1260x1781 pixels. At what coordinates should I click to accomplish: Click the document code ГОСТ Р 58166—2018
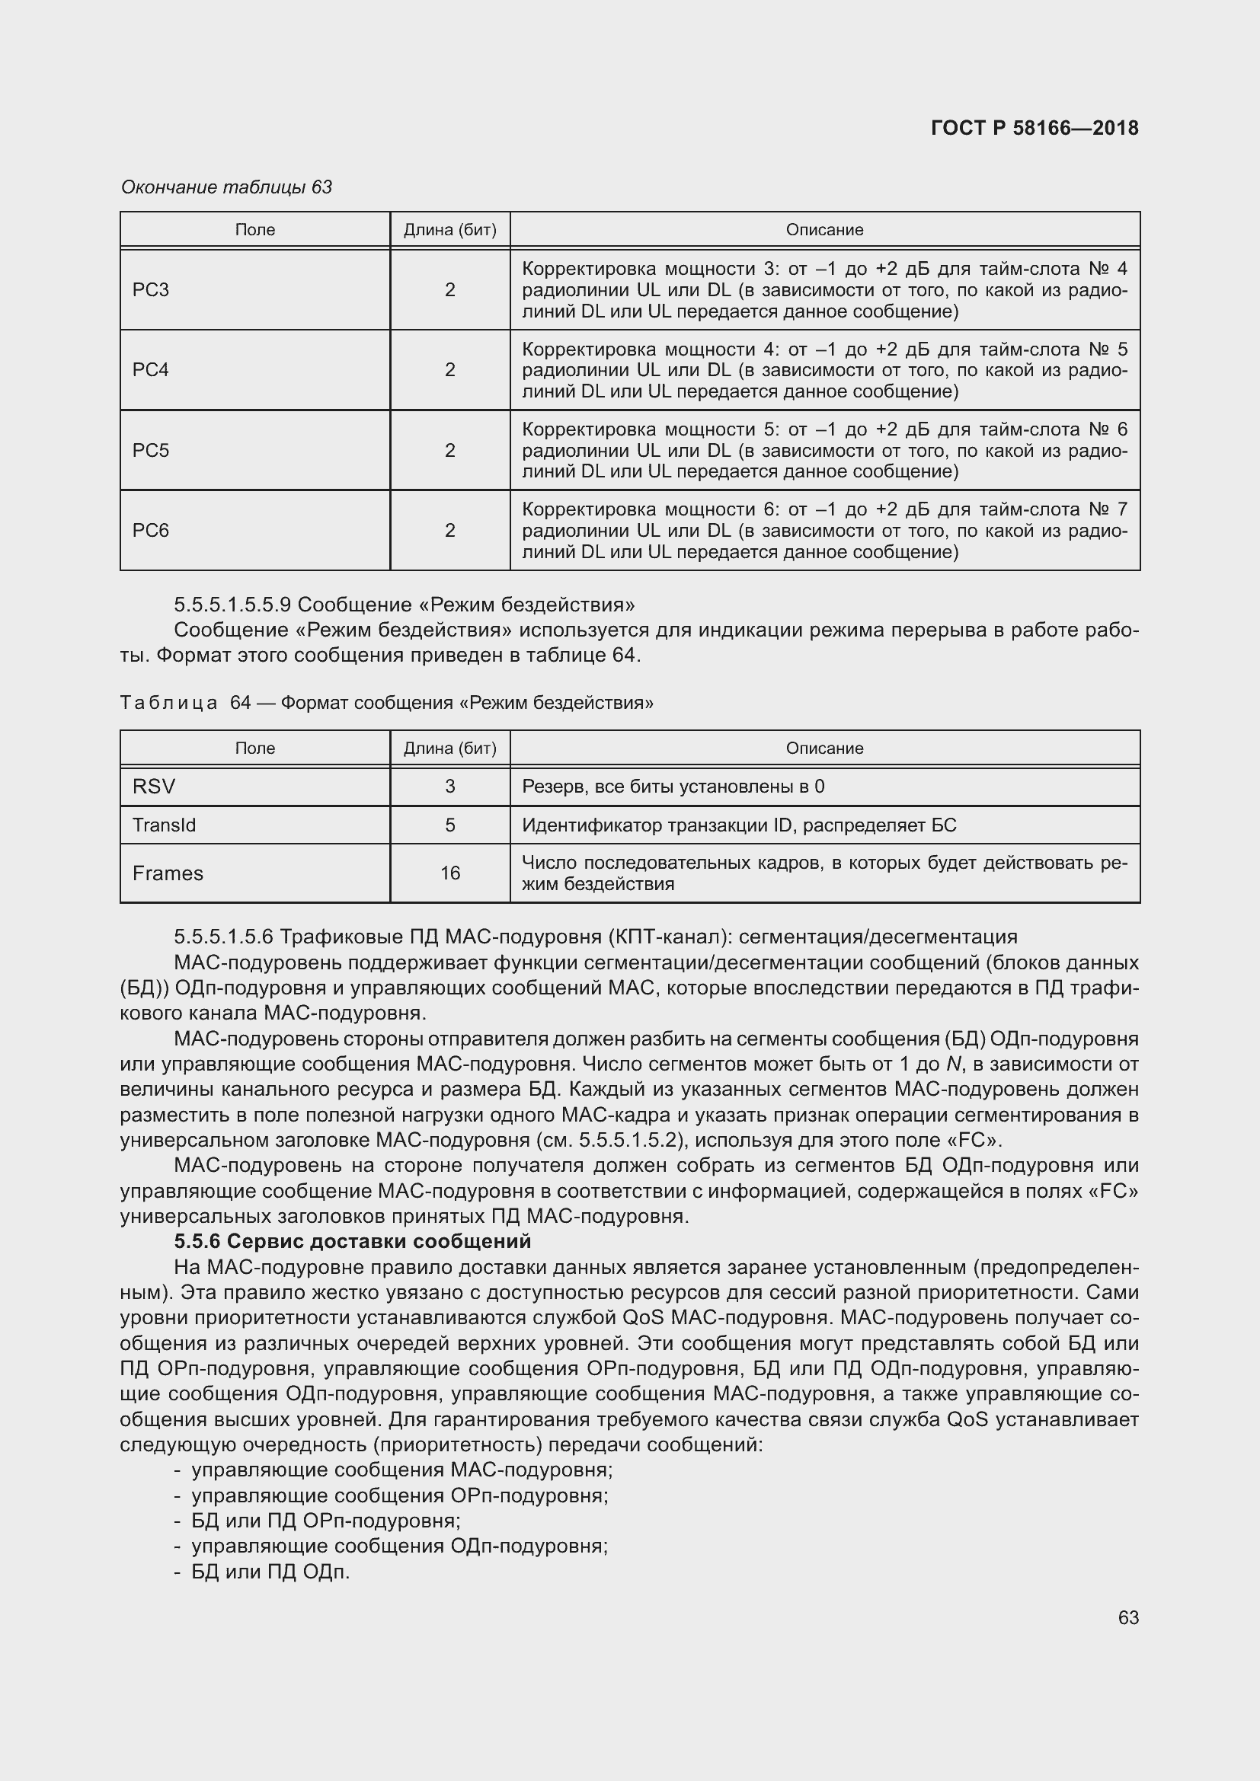(1035, 128)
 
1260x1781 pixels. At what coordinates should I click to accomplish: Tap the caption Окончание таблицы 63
(226, 187)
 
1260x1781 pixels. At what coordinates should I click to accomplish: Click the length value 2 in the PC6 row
(450, 530)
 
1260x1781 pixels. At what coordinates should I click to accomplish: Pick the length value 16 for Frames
(450, 873)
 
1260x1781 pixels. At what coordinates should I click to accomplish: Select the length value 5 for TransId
(450, 825)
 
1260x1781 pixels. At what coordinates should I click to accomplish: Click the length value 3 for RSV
(450, 786)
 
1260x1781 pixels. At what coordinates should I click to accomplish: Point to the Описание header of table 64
(824, 748)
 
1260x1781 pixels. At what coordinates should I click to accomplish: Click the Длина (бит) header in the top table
(450, 230)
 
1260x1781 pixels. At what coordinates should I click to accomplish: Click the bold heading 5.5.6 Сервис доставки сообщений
(352, 1241)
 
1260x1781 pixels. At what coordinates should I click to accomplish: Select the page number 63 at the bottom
(1128, 1617)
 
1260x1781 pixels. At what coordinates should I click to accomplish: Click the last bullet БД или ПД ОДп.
(270, 1572)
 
